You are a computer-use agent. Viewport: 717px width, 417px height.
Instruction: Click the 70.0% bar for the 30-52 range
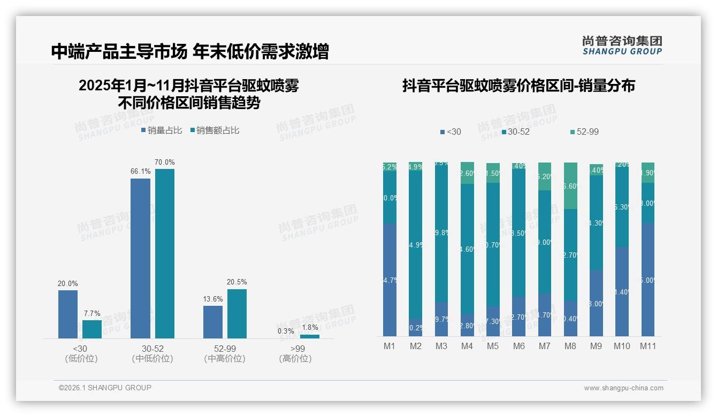coord(165,253)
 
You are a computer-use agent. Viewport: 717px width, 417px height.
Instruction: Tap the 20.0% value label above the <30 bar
coord(68,283)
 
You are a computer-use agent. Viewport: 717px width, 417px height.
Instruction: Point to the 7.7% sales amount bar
coord(92,329)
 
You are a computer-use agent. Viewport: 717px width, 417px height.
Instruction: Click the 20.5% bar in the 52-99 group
coord(237,314)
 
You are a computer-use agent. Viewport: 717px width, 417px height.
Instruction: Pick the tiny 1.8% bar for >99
coord(309,336)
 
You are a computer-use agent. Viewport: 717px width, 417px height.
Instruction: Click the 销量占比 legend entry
coord(162,130)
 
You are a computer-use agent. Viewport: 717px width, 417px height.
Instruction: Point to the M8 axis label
coord(570,346)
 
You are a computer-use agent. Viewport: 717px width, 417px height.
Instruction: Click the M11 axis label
coord(648,346)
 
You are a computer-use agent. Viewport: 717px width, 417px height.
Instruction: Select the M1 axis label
coord(390,346)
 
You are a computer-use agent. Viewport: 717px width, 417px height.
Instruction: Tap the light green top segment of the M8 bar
coord(570,186)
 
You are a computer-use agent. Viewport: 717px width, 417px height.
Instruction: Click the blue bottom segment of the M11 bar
coord(648,280)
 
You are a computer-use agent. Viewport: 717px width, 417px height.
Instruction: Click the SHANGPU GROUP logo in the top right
coord(622,45)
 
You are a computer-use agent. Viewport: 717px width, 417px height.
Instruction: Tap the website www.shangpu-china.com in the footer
coord(623,388)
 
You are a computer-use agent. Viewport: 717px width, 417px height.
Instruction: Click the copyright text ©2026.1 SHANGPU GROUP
coord(105,388)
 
